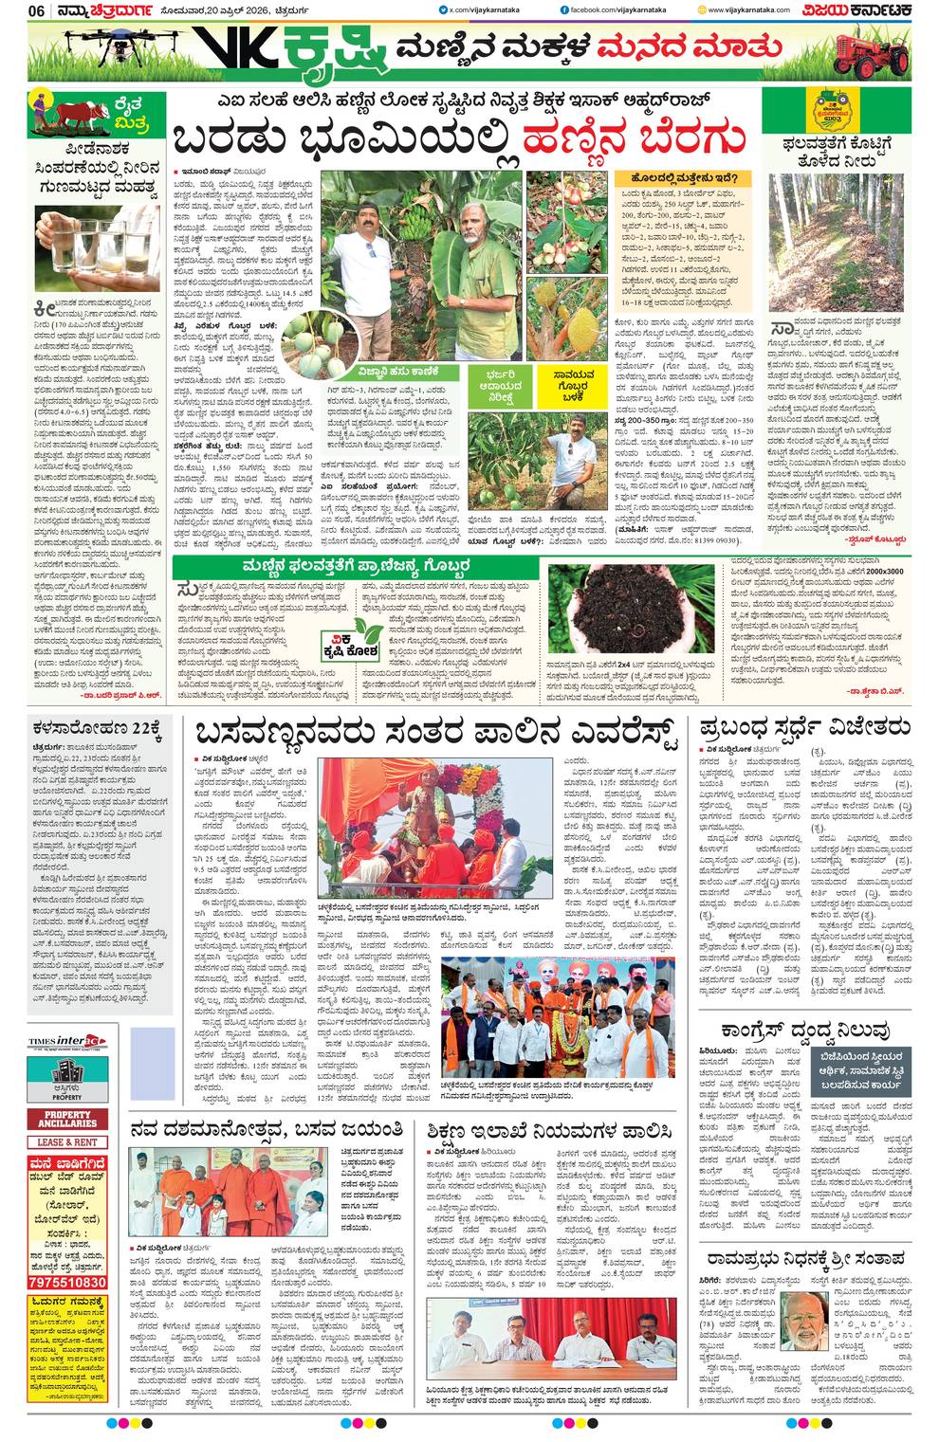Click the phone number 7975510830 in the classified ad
67,1282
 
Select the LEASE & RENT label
67,1142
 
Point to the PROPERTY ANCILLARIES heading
67,1119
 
